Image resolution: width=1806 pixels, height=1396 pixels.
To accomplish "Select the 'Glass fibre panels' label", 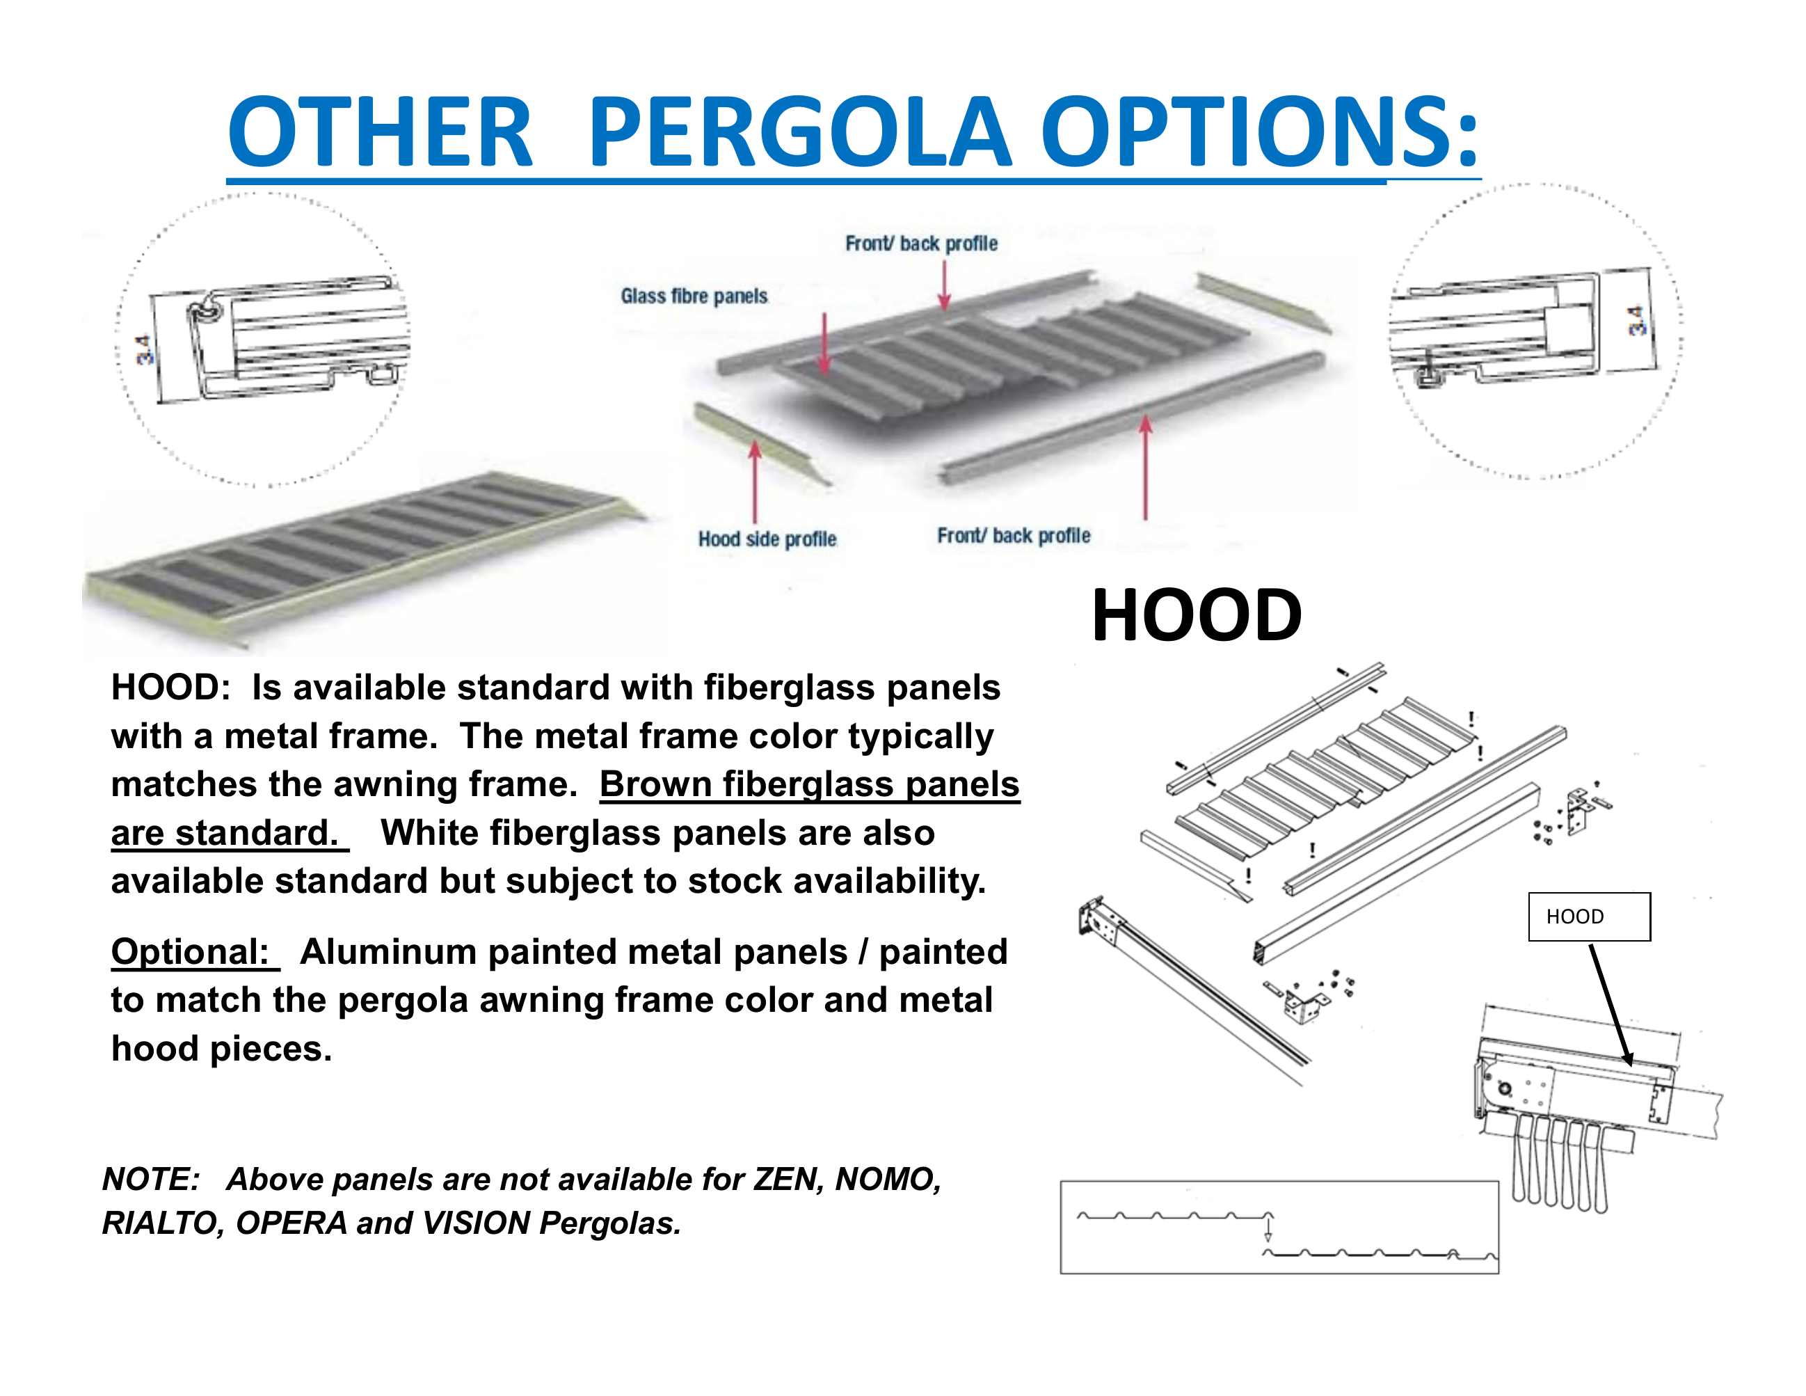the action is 694,296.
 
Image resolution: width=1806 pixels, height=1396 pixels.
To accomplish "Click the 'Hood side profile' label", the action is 767,539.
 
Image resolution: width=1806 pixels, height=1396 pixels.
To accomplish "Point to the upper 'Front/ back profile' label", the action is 921,243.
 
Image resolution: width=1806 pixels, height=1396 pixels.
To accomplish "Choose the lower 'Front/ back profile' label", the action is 1013,536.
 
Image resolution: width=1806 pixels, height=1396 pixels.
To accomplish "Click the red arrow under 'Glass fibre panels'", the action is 824,344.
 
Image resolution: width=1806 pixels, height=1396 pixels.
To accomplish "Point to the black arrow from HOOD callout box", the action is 1610,1005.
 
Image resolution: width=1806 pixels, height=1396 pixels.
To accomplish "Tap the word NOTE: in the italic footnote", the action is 152,1180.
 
